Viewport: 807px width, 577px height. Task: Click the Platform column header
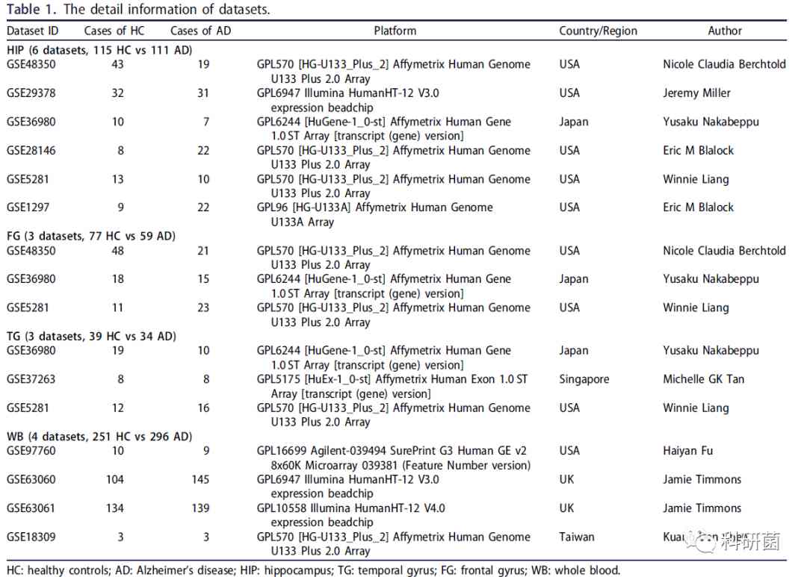point(395,31)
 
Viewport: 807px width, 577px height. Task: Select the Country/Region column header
point(598,31)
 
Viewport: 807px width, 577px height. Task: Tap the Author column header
point(725,31)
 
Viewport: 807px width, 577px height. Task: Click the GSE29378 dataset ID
point(31,93)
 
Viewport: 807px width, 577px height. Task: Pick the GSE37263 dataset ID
point(31,379)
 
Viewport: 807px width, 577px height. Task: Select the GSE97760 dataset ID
point(31,451)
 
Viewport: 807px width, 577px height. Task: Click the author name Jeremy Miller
point(696,93)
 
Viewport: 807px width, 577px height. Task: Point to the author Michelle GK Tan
point(703,379)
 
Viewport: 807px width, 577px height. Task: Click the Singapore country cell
point(584,379)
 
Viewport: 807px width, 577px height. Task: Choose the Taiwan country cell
point(577,537)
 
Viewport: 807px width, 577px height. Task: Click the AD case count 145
point(200,479)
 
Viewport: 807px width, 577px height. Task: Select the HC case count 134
point(114,508)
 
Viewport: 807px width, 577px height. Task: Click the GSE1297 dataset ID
point(28,208)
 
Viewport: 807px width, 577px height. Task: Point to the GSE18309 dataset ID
point(31,537)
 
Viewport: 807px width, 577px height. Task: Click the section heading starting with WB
point(99,437)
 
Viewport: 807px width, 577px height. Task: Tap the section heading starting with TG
point(91,337)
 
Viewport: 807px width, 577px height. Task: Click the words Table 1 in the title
point(31,10)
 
